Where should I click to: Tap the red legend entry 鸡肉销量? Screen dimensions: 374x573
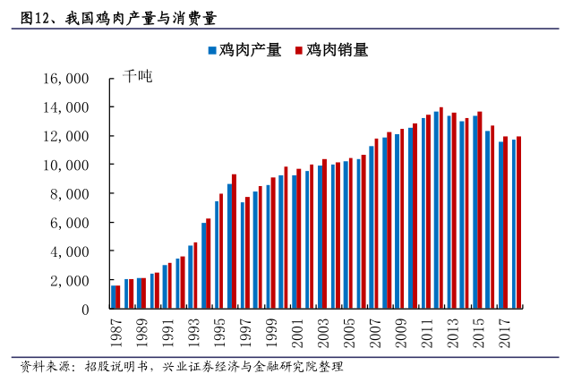[329, 50]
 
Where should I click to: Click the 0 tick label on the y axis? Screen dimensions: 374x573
[83, 310]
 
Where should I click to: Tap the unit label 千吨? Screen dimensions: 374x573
[138, 77]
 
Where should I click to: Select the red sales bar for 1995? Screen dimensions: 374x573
[221, 251]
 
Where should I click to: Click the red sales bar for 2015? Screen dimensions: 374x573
[480, 210]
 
